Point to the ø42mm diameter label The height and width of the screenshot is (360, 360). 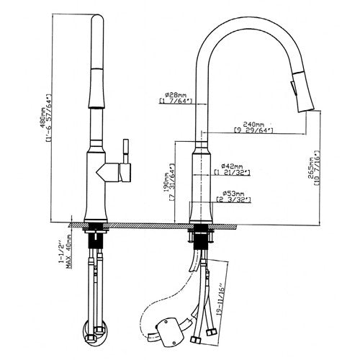coord(232,166)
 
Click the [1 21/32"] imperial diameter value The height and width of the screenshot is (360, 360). coord(232,174)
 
